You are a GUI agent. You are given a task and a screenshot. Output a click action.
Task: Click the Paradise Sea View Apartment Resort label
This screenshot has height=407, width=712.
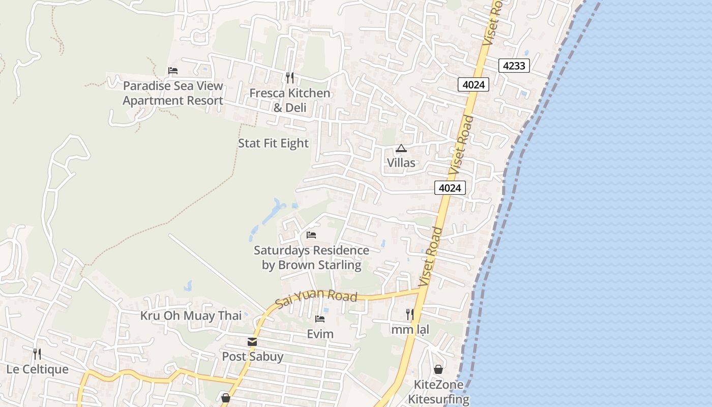(173, 93)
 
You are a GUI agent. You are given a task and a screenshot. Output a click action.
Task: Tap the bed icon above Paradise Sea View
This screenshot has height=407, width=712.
(173, 71)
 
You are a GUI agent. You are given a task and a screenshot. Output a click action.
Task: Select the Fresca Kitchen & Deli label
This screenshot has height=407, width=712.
(290, 100)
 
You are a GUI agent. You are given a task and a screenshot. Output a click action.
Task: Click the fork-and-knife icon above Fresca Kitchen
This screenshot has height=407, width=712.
(290, 78)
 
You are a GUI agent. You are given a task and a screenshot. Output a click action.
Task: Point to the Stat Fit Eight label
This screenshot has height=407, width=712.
(273, 143)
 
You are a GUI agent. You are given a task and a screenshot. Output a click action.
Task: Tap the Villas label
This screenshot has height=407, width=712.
(401, 163)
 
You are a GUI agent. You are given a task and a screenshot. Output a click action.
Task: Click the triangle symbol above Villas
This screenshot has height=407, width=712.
(401, 149)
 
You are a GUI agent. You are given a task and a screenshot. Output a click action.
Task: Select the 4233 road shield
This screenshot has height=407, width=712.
(514, 66)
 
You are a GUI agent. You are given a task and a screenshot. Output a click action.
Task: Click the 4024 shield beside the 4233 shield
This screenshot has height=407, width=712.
(473, 84)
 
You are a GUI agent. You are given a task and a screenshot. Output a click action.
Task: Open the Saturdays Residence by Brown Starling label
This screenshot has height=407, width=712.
(311, 257)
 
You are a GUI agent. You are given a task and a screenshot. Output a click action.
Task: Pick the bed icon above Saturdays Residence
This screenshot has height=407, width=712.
(311, 235)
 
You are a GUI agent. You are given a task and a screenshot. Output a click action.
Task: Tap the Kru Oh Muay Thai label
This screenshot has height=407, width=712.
(191, 316)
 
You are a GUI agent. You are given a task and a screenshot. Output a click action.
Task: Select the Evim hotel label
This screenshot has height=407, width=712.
(320, 334)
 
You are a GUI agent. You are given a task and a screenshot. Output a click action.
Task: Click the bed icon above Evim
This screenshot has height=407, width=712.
(320, 319)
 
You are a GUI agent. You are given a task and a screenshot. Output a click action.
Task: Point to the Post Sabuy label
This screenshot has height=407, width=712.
(252, 357)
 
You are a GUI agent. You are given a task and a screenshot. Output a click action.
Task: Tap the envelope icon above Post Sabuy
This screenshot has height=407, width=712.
(252, 342)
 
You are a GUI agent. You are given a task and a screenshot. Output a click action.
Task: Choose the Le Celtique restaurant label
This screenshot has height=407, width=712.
(37, 369)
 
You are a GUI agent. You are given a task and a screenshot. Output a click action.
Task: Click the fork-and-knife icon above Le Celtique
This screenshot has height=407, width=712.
(37, 354)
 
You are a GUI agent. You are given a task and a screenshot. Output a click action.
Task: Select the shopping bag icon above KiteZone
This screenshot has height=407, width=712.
(438, 369)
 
